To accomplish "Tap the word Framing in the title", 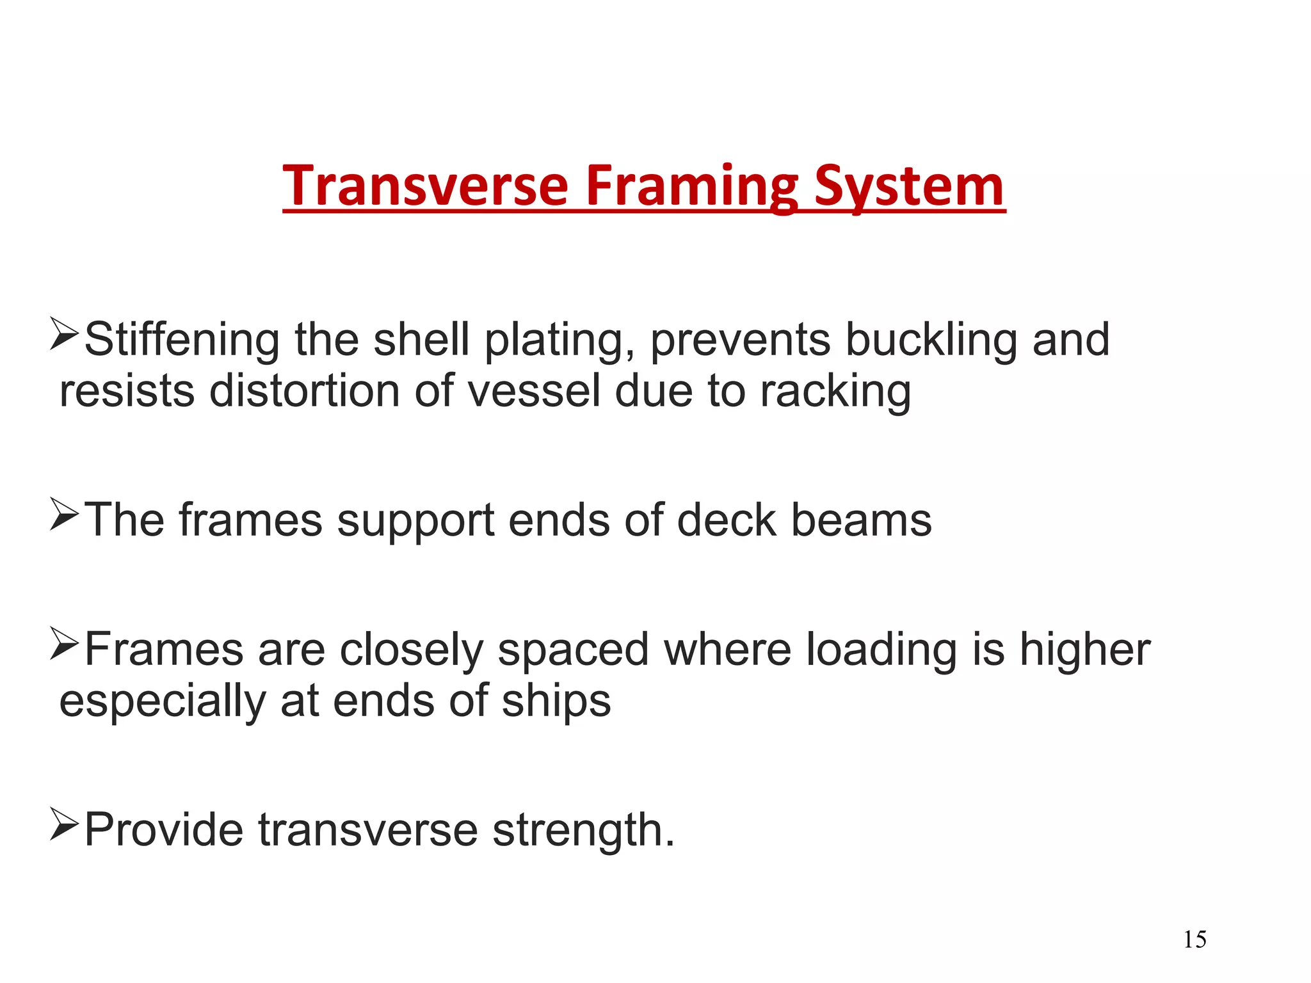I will [691, 187].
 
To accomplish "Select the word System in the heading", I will [909, 187].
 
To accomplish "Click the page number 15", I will [1194, 939].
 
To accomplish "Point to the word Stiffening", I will [182, 339].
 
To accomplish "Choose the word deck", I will [727, 520].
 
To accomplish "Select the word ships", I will [556, 702].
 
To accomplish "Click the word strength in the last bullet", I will [583, 830].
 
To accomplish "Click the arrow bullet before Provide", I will [64, 824].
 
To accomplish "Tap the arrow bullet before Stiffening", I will [64, 333].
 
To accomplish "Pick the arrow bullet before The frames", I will [64, 514].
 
